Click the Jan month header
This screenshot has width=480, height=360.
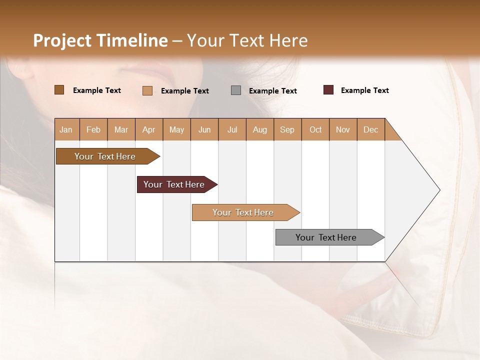coord(66,129)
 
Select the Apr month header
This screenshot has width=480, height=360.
coord(149,129)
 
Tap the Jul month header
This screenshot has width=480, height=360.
coord(232,129)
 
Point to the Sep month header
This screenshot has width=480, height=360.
coord(287,129)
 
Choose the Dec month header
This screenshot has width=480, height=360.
coord(370,129)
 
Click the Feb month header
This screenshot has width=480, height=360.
coord(93,129)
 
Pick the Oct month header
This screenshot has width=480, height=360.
coord(315,129)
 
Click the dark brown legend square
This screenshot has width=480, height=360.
coord(59,90)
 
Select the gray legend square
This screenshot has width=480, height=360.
coord(236,90)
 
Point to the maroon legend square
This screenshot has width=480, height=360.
coord(328,90)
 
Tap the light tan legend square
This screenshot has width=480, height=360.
coord(147,90)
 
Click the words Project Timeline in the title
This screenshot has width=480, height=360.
coord(100,40)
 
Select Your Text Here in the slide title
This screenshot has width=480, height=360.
coord(247,40)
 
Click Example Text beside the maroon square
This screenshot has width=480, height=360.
coord(364,90)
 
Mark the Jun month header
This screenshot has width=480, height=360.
coord(204,129)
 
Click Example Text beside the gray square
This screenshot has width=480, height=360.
coord(272,91)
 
